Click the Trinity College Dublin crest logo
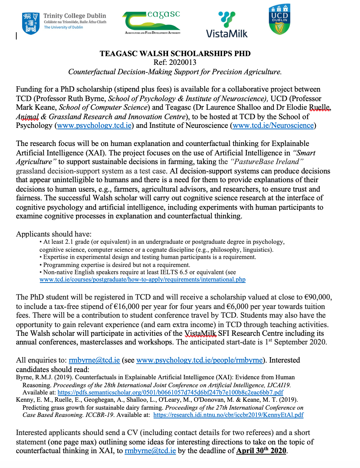(x=30, y=23)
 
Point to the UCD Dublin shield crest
(x=280, y=20)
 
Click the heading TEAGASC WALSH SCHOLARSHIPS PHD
(x=175, y=54)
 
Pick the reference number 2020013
(x=183, y=62)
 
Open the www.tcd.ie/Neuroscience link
(x=273, y=126)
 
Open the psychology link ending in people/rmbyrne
(x=199, y=360)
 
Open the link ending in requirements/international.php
(x=142, y=280)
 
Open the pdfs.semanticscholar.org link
(x=170, y=392)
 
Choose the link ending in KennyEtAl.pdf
(x=228, y=415)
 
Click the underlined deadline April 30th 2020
(x=261, y=451)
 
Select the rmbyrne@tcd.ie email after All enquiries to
(x=94, y=360)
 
